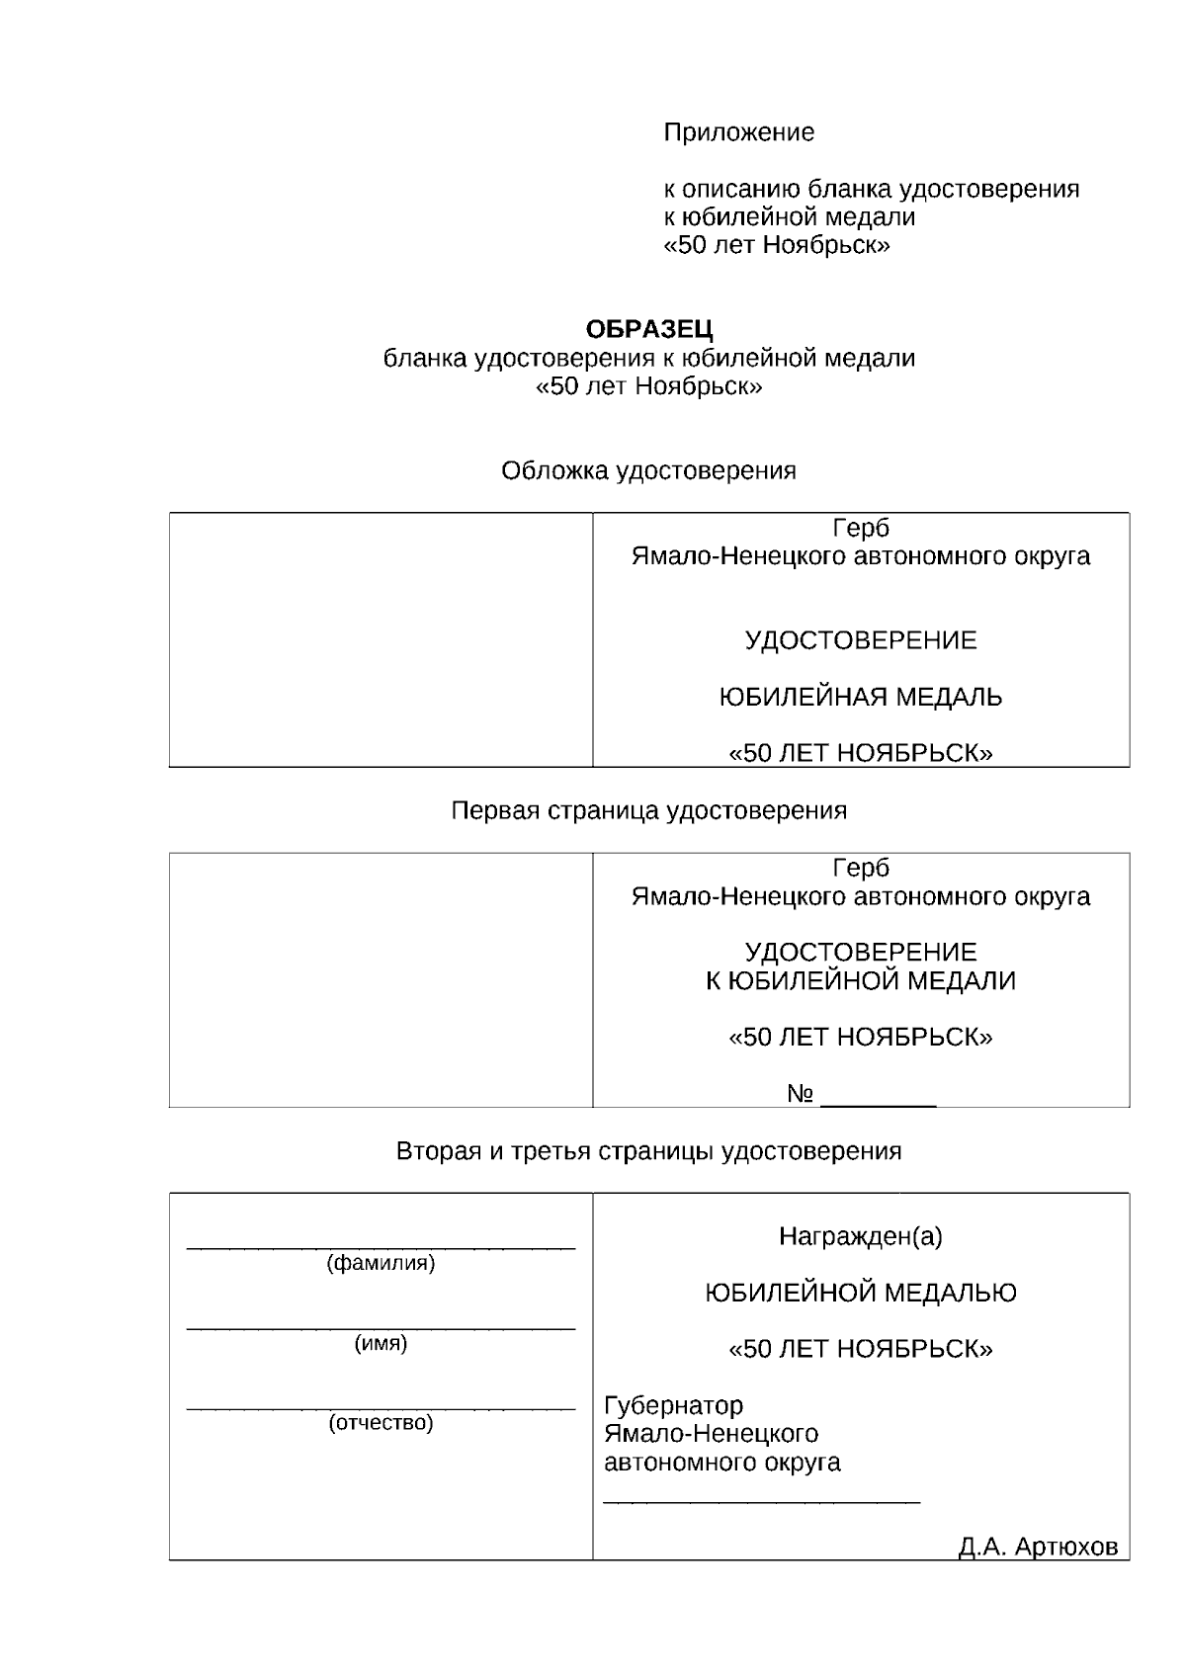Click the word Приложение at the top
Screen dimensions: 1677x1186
(738, 132)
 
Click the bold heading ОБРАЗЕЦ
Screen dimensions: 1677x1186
(649, 329)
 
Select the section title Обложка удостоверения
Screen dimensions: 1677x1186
(648, 471)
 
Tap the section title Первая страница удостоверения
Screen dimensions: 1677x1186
(648, 811)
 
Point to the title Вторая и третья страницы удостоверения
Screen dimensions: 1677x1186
(648, 1151)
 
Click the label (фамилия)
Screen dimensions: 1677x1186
(381, 1263)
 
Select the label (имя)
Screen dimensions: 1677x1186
(381, 1343)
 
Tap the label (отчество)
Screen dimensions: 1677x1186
(381, 1423)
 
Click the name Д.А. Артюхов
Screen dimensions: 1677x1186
(1038, 1548)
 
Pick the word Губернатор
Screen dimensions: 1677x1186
(673, 1405)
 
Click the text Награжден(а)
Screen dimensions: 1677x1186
(860, 1236)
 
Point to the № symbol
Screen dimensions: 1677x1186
(801, 1094)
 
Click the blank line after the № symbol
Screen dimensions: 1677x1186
(879, 1104)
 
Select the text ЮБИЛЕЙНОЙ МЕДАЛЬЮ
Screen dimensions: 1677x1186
(860, 1293)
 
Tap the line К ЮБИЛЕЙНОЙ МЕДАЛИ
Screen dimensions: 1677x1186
(860, 981)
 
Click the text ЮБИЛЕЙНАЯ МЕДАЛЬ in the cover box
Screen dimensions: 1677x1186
(860, 698)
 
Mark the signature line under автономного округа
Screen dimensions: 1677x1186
(761, 1502)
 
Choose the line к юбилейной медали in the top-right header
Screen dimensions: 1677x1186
(789, 217)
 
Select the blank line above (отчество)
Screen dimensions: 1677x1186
(381, 1408)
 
